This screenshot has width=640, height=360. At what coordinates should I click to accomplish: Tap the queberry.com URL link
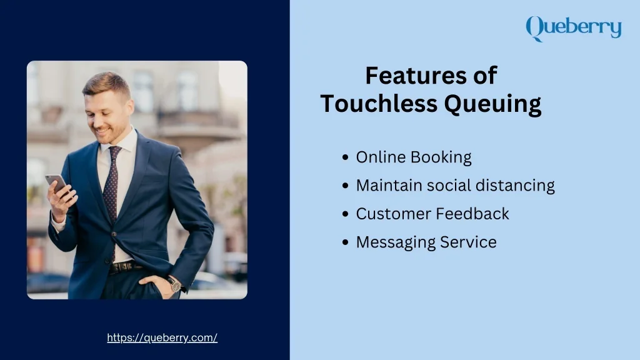162,338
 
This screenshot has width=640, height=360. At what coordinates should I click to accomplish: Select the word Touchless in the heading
379,103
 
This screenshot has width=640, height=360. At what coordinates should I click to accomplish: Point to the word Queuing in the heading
492,104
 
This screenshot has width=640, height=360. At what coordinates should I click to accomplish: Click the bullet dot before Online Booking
345,157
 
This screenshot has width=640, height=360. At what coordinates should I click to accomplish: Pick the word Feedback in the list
472,214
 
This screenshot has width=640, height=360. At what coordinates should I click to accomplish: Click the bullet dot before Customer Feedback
345,214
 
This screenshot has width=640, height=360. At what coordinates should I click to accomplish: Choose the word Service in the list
468,242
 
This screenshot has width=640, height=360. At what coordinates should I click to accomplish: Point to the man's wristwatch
175,284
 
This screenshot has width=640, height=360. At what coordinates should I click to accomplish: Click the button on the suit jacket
114,234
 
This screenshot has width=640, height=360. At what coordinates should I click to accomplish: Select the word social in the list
449,185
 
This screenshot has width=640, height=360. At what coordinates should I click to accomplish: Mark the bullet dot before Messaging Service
345,242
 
